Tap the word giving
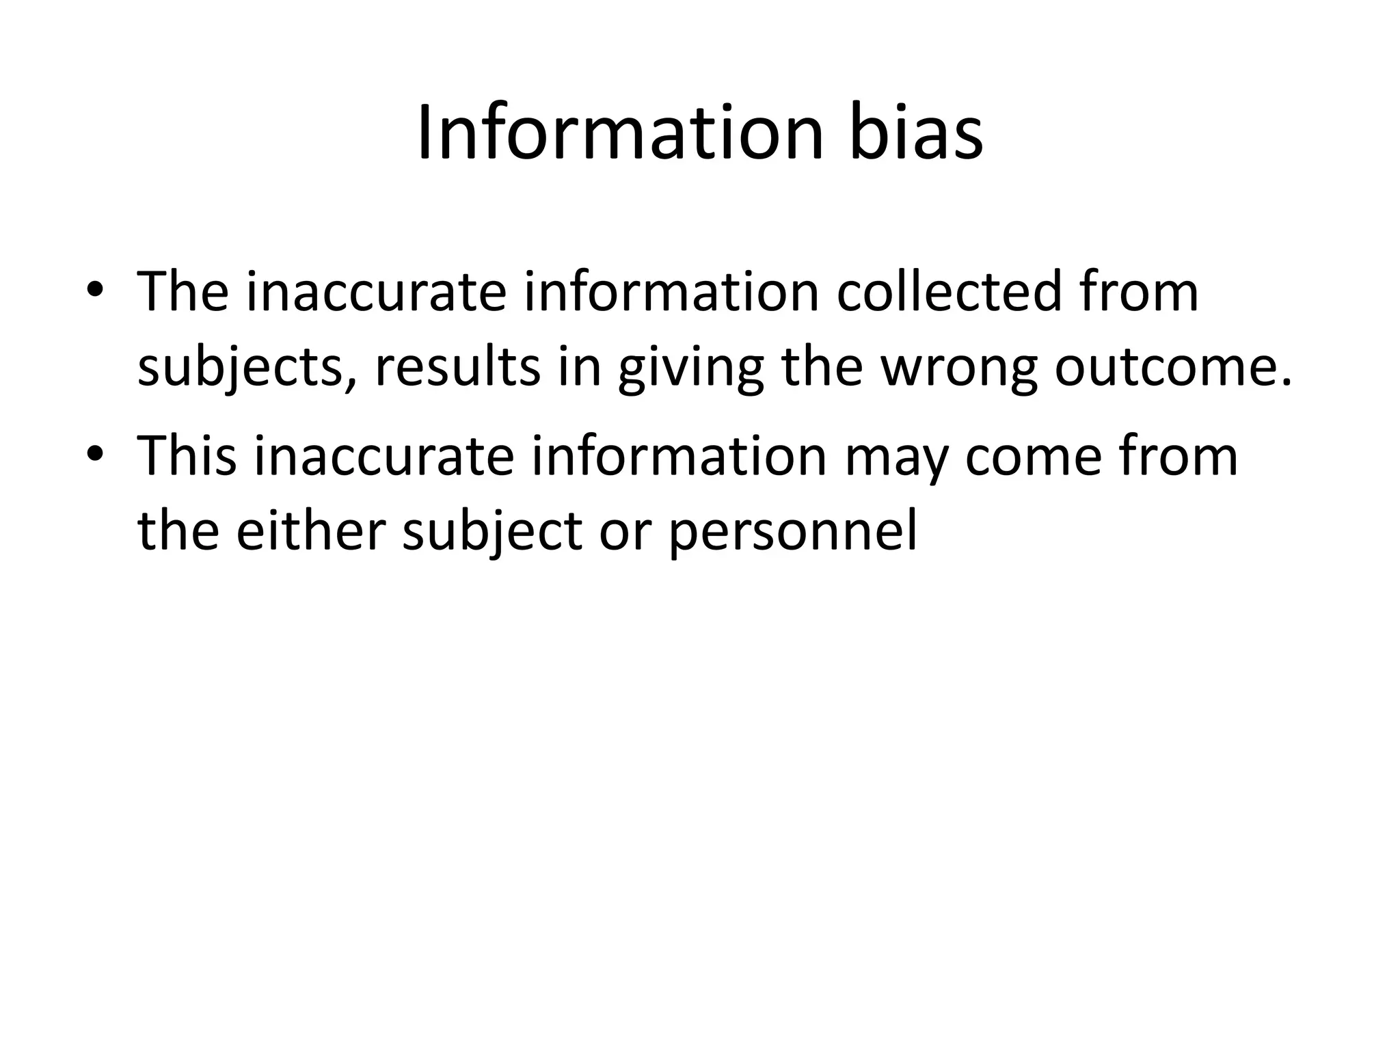pos(690,369)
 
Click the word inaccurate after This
pos(383,456)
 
